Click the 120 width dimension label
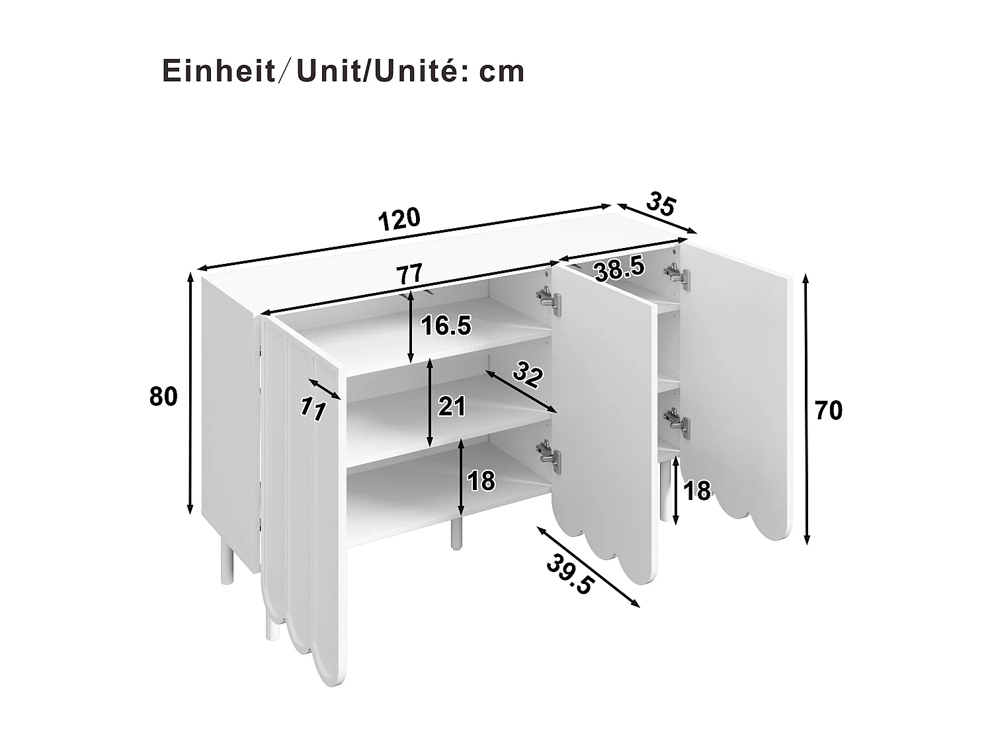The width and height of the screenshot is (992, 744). point(399,218)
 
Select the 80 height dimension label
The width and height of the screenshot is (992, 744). point(163,397)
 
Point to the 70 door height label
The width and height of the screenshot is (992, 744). point(828,411)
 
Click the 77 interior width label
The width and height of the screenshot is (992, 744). point(409,274)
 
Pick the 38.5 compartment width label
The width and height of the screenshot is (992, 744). point(618,269)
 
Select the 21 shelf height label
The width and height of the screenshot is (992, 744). point(452,406)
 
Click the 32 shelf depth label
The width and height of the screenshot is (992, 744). point(528,375)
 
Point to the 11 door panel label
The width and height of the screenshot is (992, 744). point(311,409)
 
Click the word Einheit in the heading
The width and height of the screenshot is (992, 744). point(219,71)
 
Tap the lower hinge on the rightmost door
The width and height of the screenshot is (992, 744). point(677,421)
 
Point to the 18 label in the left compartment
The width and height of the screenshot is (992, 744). point(481,481)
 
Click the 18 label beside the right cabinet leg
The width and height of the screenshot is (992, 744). point(697,491)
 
